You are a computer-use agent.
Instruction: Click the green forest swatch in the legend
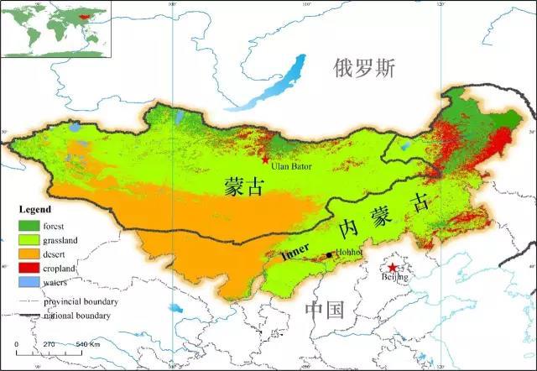point(30,225)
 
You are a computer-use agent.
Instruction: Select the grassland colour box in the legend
point(30,239)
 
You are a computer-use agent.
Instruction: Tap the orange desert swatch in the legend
point(30,253)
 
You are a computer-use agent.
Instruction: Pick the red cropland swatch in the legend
point(30,268)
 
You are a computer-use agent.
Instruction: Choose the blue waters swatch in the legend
point(30,282)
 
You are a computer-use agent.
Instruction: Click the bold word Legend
point(36,209)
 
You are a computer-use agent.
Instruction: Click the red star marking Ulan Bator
point(266,159)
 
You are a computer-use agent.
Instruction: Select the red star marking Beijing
point(391,268)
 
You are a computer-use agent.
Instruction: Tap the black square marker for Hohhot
point(329,255)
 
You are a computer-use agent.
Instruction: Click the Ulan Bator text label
point(291,167)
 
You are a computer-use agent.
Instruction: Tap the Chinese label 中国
point(325,310)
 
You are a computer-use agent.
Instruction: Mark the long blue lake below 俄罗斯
point(268,84)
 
